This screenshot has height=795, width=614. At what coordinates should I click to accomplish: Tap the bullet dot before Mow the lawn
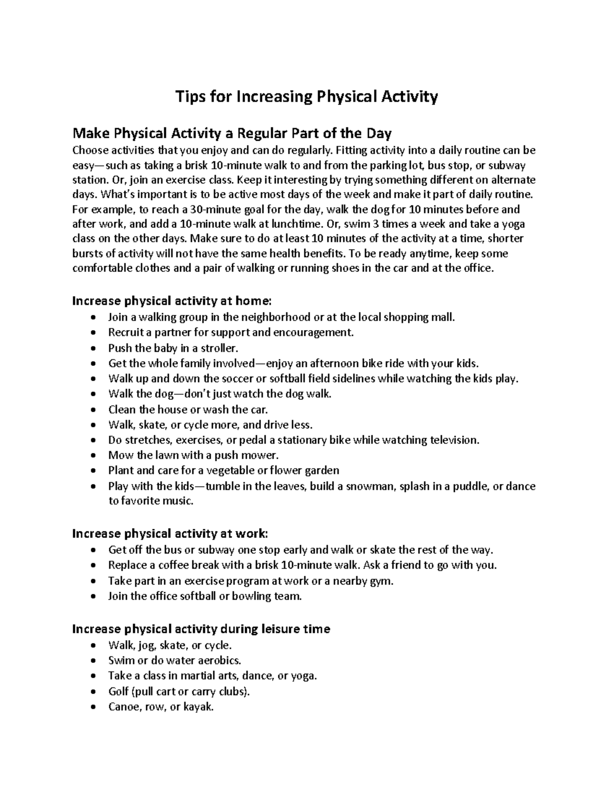click(x=92, y=456)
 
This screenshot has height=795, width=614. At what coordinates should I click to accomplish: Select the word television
click(x=454, y=440)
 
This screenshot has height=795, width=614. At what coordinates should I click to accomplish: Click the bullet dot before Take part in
click(x=92, y=582)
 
